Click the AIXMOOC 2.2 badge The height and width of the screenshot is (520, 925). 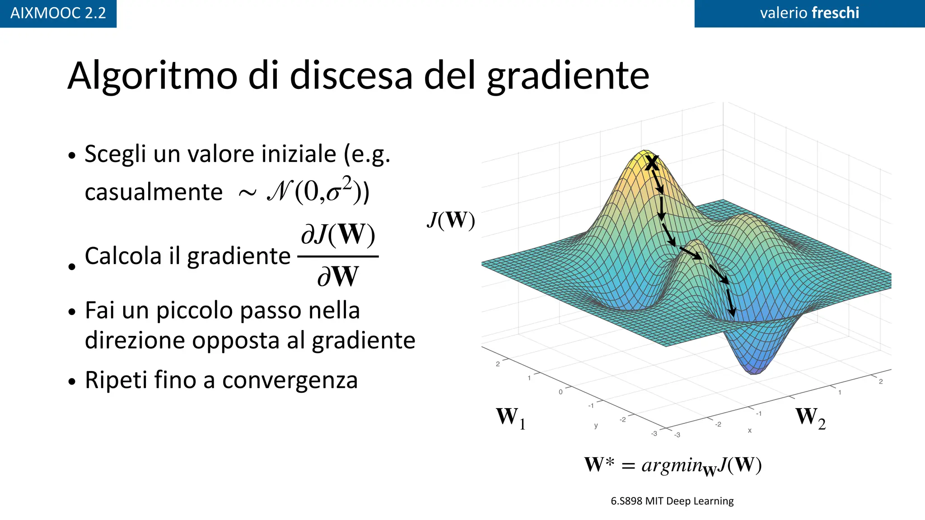[58, 13]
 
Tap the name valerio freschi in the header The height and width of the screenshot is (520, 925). [809, 13]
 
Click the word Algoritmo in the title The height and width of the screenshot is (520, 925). [152, 76]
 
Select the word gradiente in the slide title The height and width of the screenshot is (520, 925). [568, 76]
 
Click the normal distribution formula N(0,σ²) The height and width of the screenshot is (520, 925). [318, 191]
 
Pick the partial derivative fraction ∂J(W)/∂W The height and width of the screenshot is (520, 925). [338, 256]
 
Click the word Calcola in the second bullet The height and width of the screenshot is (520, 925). [123, 256]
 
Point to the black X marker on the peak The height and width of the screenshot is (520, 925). [651, 163]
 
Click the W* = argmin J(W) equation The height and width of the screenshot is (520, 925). [673, 465]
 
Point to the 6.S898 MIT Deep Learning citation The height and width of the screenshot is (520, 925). [672, 501]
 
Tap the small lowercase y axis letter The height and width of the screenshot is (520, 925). [596, 426]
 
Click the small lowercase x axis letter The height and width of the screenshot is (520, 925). [750, 431]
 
